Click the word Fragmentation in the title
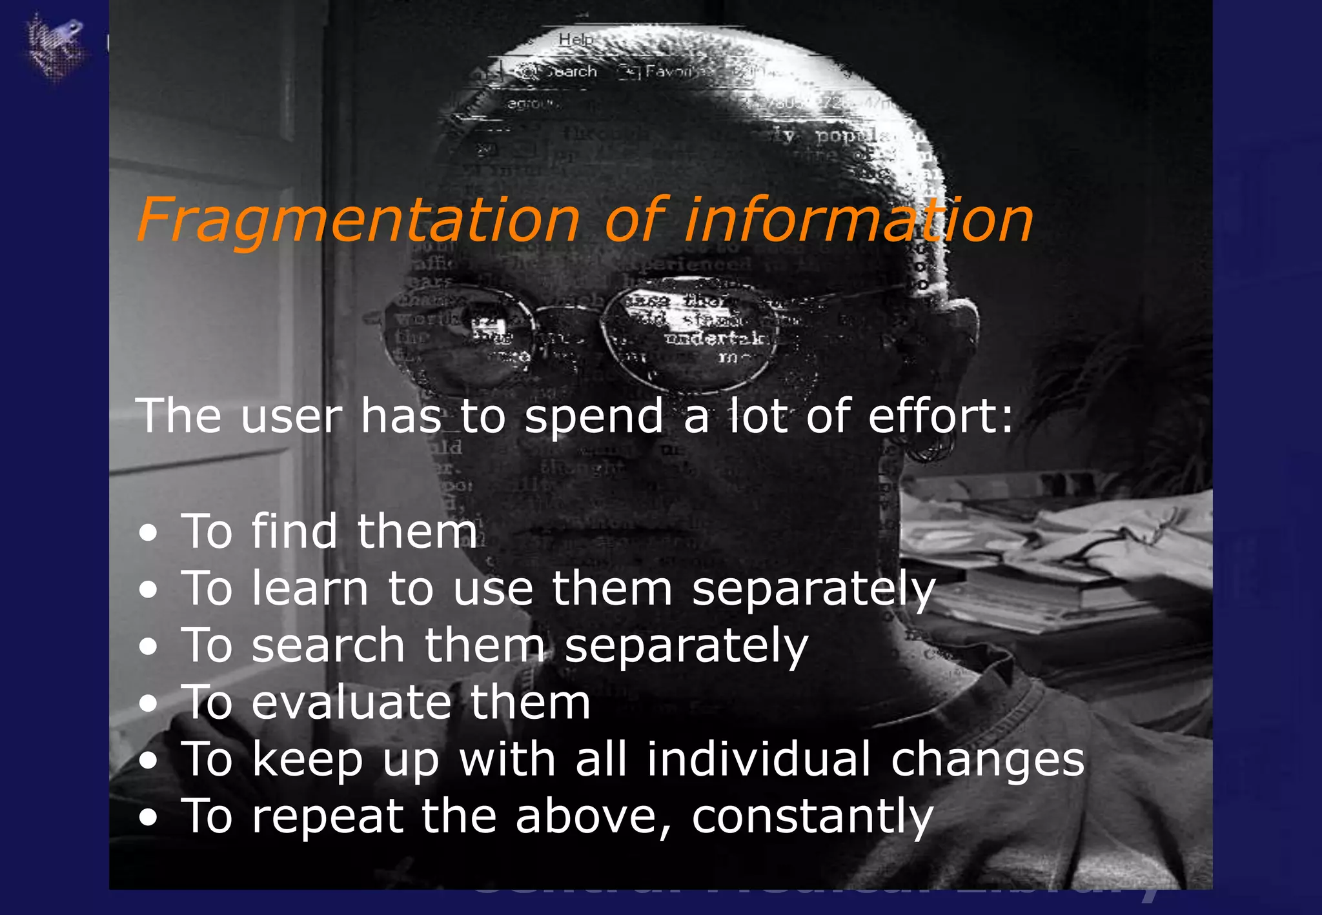[x=358, y=221]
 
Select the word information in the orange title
[x=859, y=221]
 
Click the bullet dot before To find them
[x=148, y=533]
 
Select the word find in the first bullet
[x=294, y=532]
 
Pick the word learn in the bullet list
[x=310, y=588]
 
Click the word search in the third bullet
[x=328, y=645]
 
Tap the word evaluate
[x=351, y=702]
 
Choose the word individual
[x=759, y=759]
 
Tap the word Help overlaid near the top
[x=575, y=39]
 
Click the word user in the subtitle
[x=291, y=416]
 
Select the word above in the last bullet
[x=584, y=817]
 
